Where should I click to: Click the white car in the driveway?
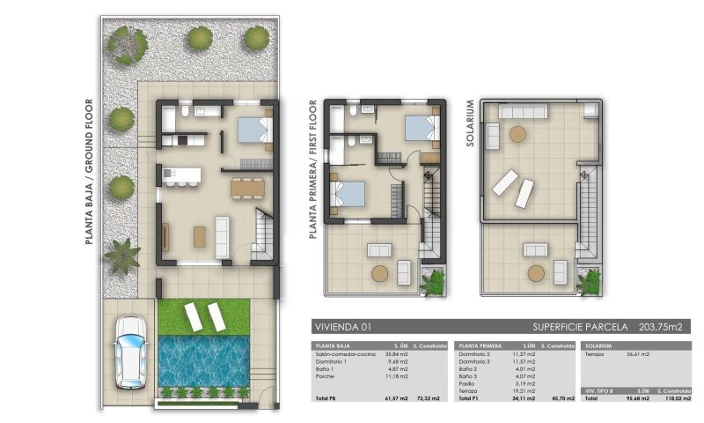130,352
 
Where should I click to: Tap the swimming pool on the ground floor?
203,360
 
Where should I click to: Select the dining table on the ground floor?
247,187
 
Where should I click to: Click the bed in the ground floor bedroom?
253,130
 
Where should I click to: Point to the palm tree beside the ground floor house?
121,256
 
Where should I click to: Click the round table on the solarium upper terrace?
518,134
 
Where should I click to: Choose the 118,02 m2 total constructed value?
674,398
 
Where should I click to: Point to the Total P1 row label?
467,398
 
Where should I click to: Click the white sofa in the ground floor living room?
223,236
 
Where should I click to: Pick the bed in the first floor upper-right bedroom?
420,130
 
